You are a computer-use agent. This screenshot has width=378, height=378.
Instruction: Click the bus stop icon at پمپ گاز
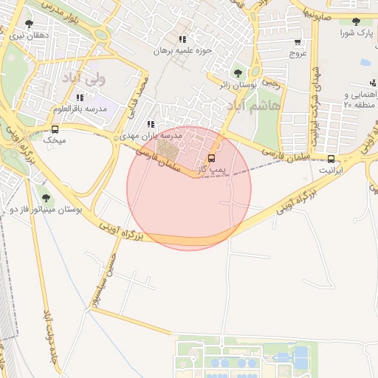213,158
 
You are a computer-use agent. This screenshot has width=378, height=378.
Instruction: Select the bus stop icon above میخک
55,128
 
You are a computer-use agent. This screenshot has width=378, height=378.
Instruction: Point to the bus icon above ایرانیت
330,159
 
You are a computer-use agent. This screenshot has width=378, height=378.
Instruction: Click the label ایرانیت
331,170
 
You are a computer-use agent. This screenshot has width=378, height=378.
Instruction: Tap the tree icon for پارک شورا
357,22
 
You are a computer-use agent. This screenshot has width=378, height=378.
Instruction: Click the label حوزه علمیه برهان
182,51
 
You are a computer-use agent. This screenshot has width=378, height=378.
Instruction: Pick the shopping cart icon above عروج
297,43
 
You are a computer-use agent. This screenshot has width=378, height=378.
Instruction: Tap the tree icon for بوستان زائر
238,73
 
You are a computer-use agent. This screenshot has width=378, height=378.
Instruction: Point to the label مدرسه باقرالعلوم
80,109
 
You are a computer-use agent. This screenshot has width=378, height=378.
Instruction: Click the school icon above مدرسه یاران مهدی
151,125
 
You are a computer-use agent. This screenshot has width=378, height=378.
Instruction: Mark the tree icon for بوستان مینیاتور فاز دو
47,198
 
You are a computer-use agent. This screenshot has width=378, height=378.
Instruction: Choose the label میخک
55,140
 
